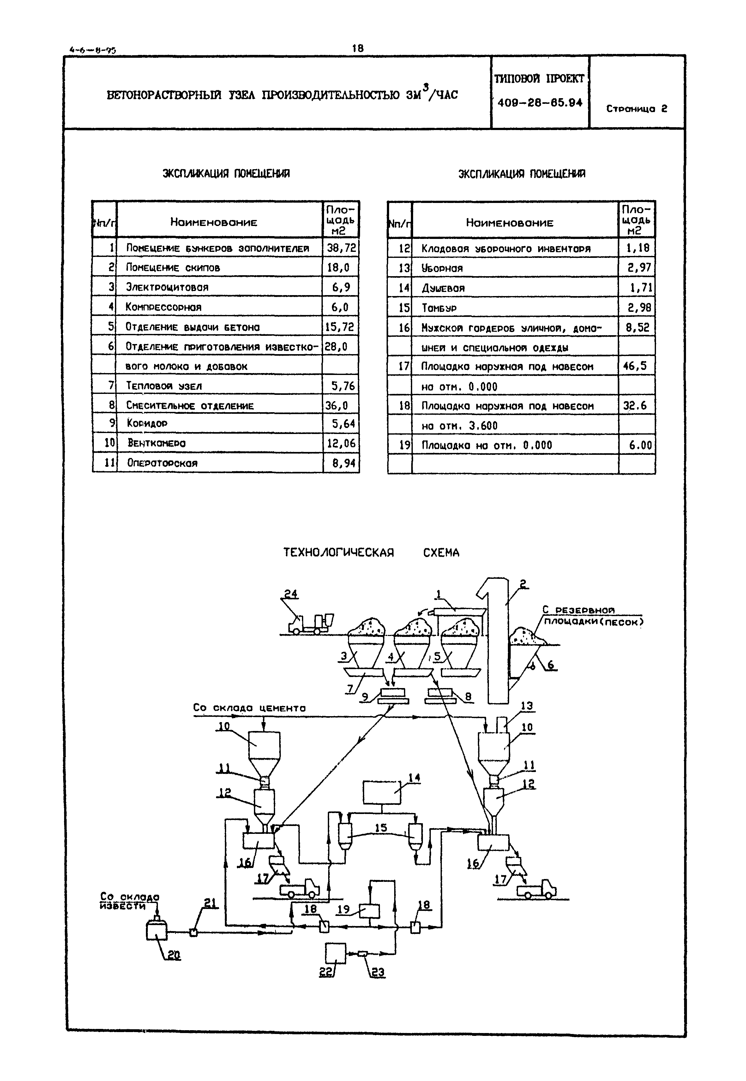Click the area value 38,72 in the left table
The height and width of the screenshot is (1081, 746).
(341, 247)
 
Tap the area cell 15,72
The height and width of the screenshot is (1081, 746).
(340, 327)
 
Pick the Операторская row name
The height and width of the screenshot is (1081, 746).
(162, 463)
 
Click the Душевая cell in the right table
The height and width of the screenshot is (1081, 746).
(443, 288)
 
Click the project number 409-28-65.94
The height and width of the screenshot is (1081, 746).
(540, 103)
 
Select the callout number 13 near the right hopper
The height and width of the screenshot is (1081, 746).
(527, 706)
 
